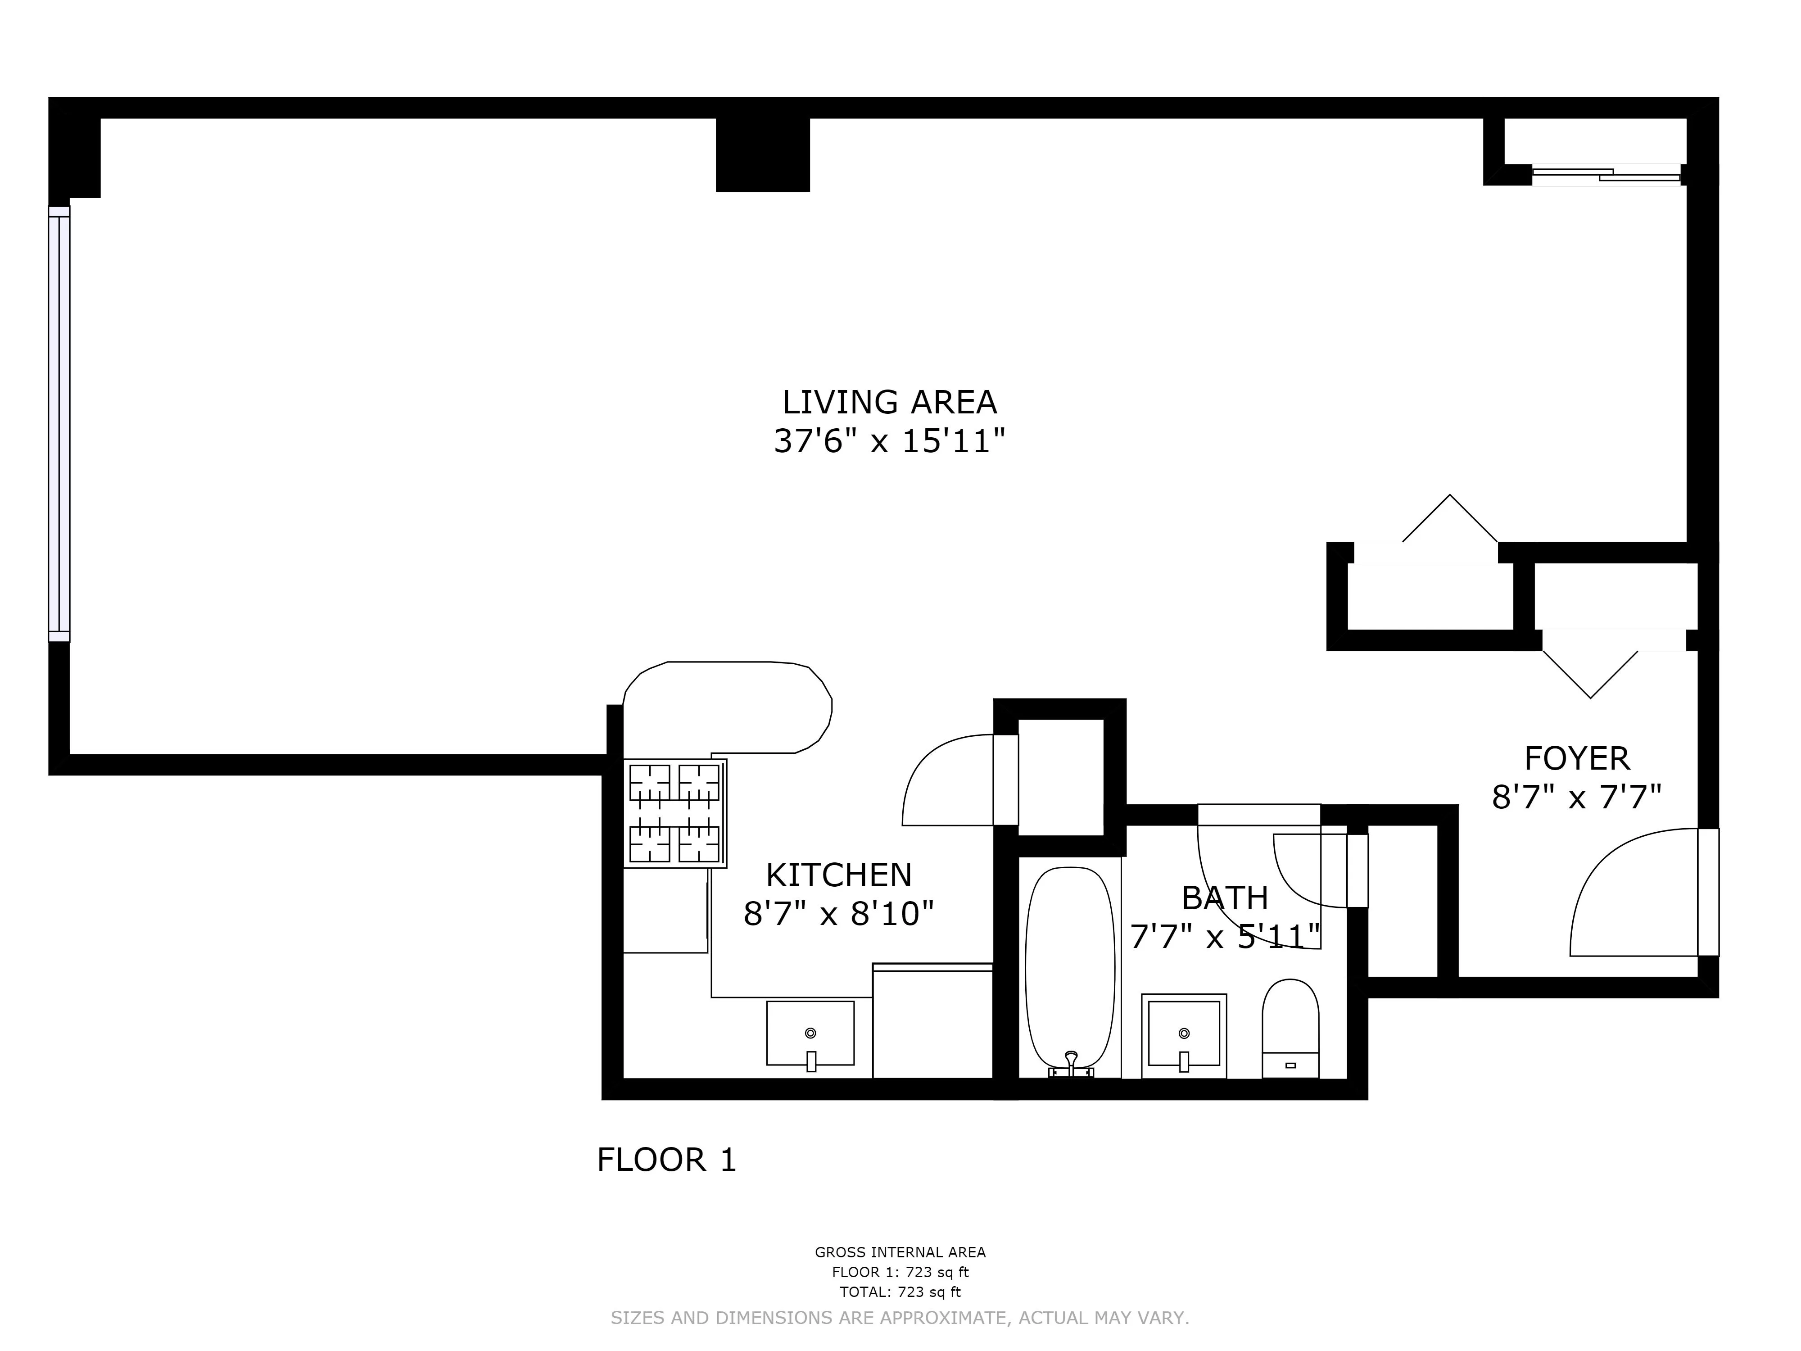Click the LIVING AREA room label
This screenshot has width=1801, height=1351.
(x=889, y=402)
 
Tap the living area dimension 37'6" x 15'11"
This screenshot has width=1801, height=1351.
(x=889, y=441)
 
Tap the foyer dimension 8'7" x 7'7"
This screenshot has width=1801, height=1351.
(x=1576, y=797)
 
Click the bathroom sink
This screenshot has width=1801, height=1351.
(x=1184, y=1035)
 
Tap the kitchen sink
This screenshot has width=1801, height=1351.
(x=810, y=1034)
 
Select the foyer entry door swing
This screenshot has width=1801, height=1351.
(x=1637, y=896)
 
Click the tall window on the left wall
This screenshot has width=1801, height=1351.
(x=59, y=423)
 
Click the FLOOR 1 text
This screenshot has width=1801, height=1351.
(x=666, y=1160)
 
